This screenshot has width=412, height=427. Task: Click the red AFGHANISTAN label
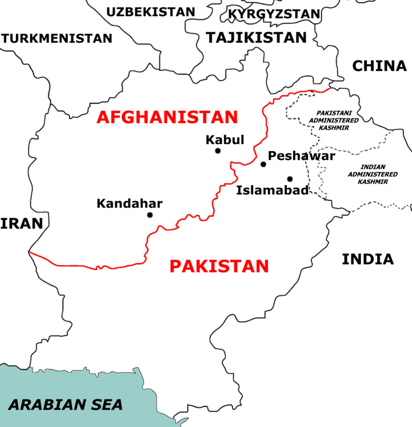pos(167,117)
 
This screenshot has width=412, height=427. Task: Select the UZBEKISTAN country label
pos(150,12)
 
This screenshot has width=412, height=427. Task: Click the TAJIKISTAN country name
pos(256,38)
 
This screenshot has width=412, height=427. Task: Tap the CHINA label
pos(379,66)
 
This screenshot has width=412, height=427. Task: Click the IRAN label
pos(21,223)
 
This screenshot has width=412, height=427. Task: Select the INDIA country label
pos(368,259)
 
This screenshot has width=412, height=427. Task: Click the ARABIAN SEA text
pos(66,404)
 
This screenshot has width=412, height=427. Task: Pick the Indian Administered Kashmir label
pos(372,174)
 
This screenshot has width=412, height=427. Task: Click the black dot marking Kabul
pos(218,151)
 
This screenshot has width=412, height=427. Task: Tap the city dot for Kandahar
pos(150,215)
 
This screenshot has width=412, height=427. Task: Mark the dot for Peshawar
pos(263,164)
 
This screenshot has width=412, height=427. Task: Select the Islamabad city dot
pos(290,179)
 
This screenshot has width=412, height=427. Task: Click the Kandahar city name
pos(130,204)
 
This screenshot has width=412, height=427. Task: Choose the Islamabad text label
pos(273,190)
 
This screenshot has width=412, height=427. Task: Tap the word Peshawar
pos(302,156)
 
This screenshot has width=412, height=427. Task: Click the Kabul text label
pos(225,140)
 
